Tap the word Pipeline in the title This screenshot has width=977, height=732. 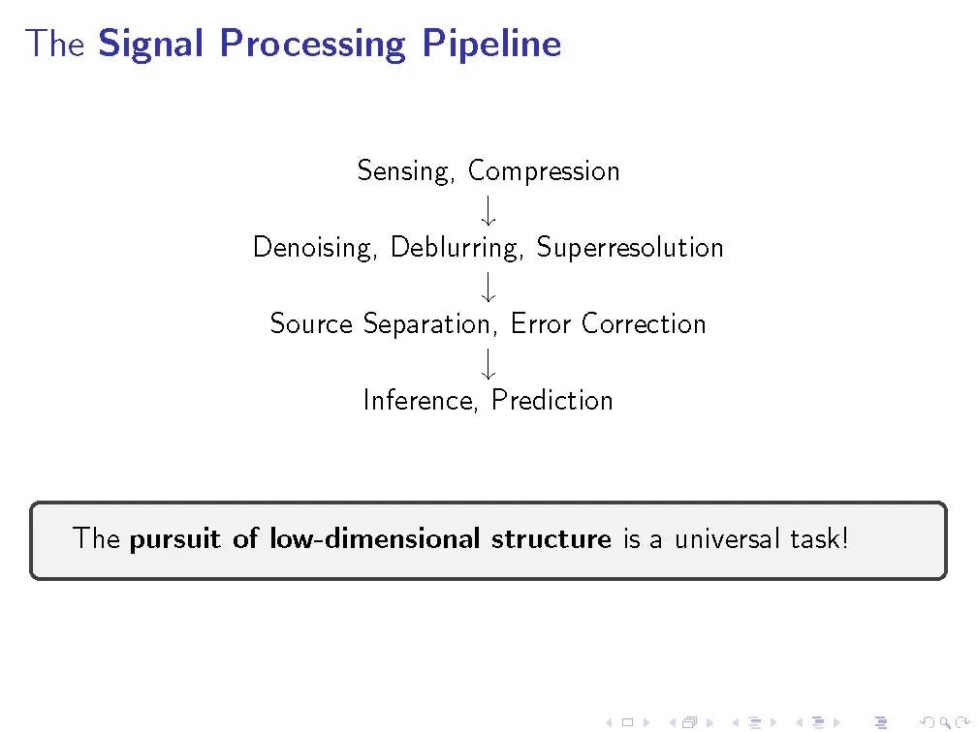(x=491, y=44)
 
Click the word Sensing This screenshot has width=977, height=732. (x=405, y=171)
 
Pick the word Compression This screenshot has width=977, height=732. (x=544, y=171)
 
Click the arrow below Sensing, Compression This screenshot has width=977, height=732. (x=488, y=210)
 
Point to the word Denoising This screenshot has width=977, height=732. (x=315, y=248)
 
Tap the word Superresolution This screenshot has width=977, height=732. (x=630, y=248)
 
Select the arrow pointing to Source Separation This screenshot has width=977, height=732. (x=488, y=287)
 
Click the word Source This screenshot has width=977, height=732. (x=311, y=324)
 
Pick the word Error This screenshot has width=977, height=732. (x=540, y=324)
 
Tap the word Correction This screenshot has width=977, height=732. (x=644, y=324)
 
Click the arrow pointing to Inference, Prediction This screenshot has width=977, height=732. (x=488, y=363)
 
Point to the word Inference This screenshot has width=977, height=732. (x=421, y=401)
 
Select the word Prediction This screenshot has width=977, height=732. (x=552, y=400)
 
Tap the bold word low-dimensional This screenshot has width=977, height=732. (x=375, y=538)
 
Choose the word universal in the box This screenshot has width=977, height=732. (x=727, y=538)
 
